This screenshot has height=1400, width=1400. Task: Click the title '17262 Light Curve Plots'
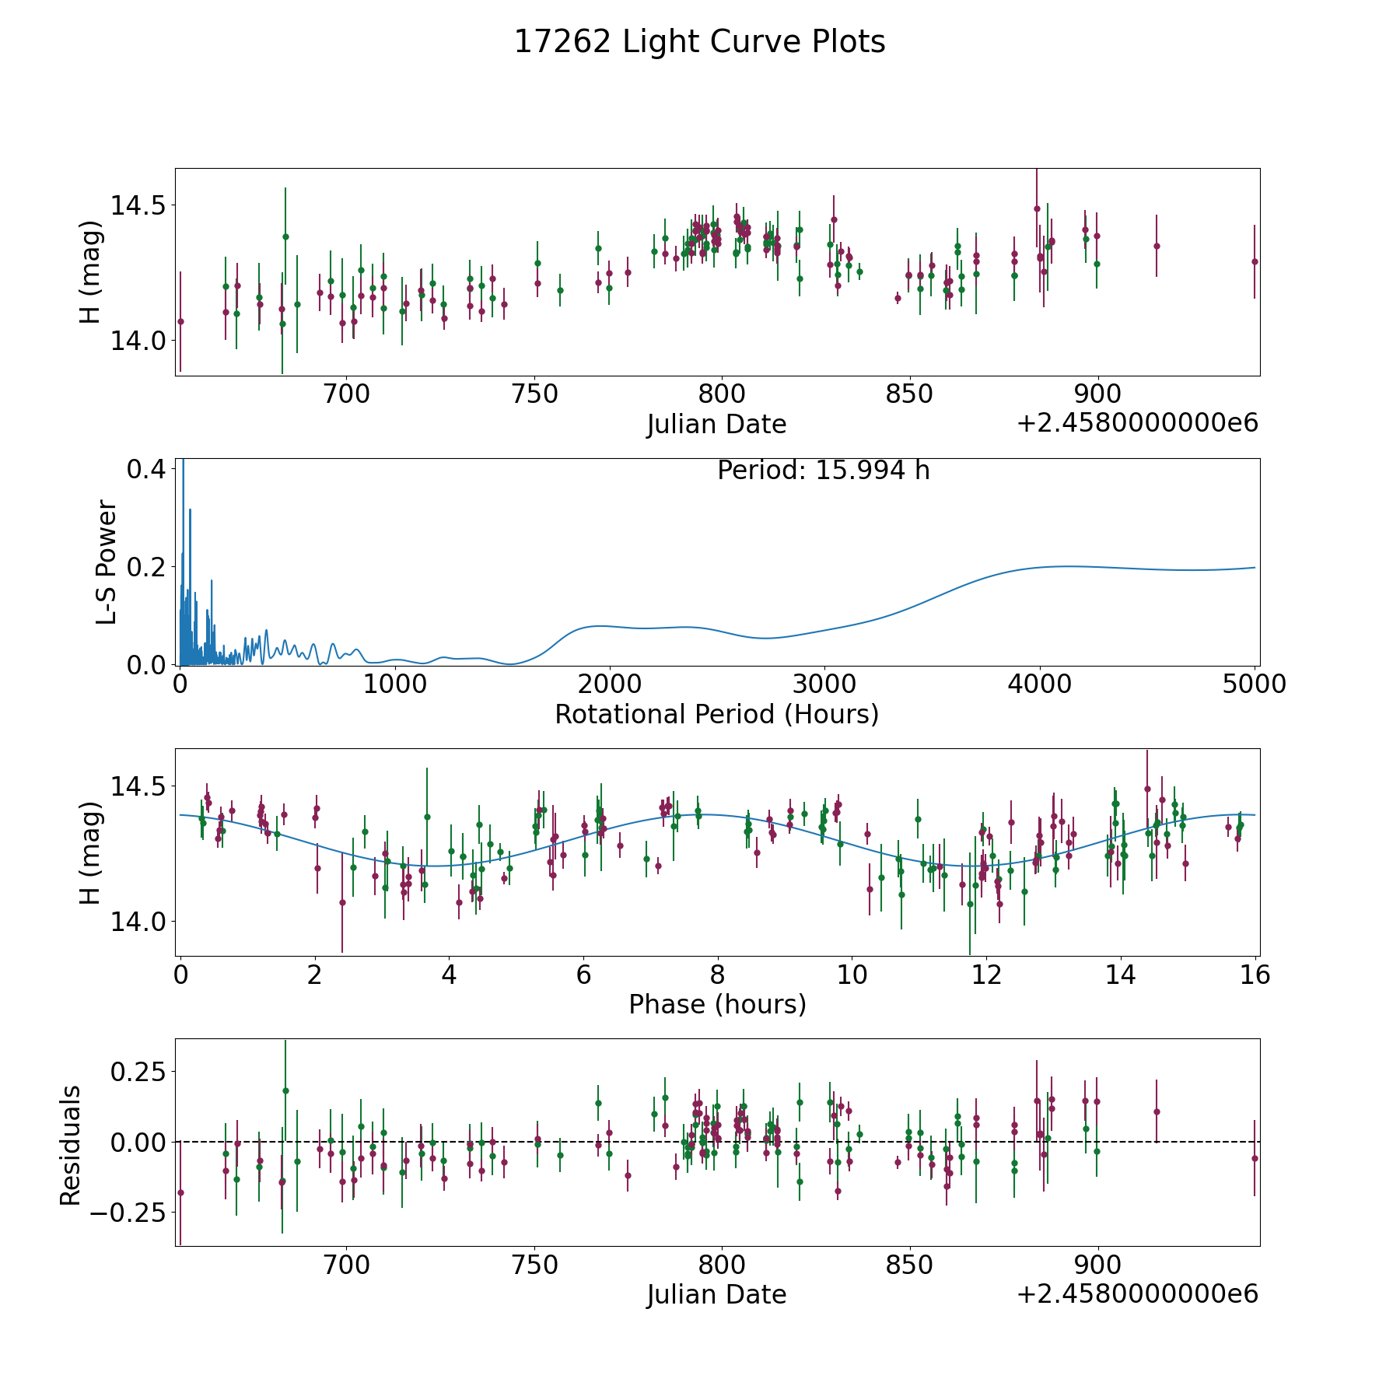pyautogui.click(x=699, y=42)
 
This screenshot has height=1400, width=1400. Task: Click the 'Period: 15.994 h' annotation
pyautogui.click(x=823, y=471)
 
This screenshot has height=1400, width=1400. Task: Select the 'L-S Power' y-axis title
pyautogui.click(x=107, y=562)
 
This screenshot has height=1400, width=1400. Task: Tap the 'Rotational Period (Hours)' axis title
pyautogui.click(x=716, y=714)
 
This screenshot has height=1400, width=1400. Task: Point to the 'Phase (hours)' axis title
pyautogui.click(x=717, y=1004)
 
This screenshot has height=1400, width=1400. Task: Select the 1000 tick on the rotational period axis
pyautogui.click(x=395, y=684)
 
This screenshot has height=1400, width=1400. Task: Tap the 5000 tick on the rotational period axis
pyautogui.click(x=1254, y=684)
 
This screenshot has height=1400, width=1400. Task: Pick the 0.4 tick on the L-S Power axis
pyautogui.click(x=145, y=470)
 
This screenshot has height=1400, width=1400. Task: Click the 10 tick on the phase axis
pyautogui.click(x=852, y=975)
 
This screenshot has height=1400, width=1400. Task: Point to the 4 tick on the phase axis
pyautogui.click(x=449, y=975)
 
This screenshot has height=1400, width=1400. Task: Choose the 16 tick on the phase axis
pyautogui.click(x=1255, y=975)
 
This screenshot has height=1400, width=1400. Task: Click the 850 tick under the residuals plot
pyautogui.click(x=910, y=1265)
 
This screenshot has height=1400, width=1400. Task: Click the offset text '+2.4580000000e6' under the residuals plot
pyautogui.click(x=1137, y=1293)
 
